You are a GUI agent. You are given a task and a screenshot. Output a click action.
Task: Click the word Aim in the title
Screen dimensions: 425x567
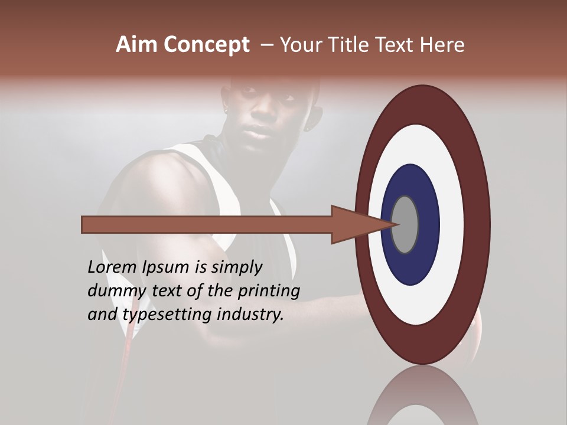point(136,45)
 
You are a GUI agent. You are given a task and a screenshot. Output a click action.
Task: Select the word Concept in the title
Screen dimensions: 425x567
point(206,45)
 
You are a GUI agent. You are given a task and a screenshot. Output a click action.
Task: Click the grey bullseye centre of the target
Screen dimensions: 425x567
point(405,224)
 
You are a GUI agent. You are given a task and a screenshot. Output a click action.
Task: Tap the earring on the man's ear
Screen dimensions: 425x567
point(308,127)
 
